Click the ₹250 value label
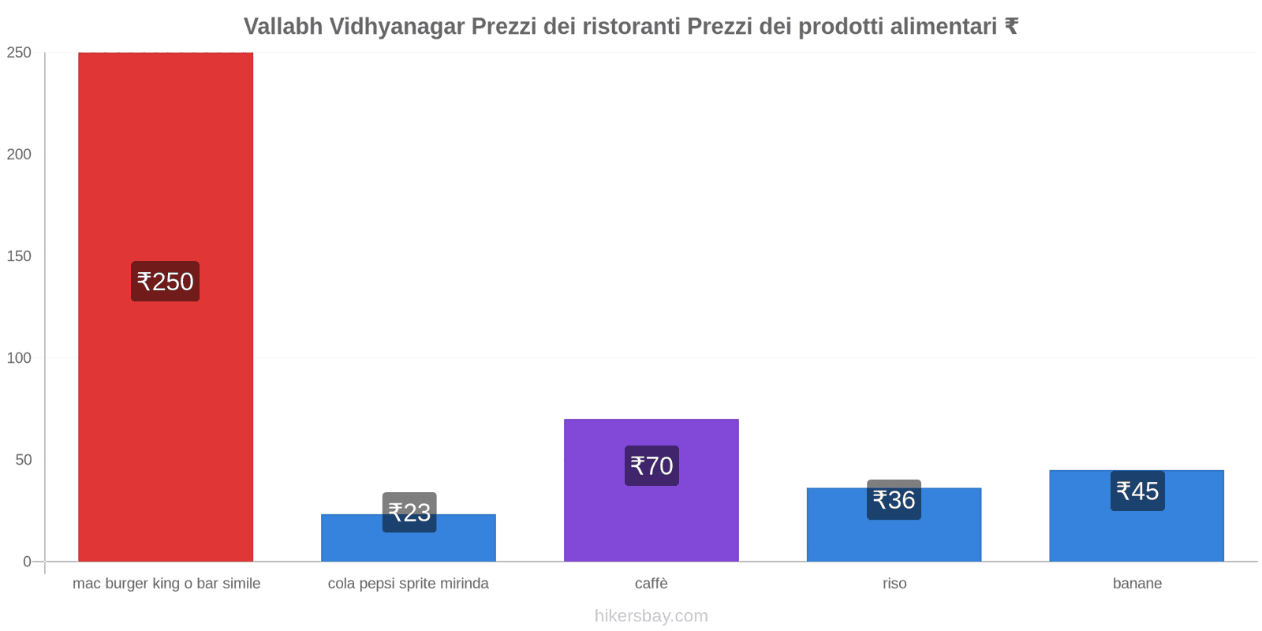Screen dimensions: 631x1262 [165, 282]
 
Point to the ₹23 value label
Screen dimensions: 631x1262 [409, 513]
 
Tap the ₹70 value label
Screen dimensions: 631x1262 [652, 465]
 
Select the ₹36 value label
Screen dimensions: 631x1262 [894, 500]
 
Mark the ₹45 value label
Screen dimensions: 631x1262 [1137, 491]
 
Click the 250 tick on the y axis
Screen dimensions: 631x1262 [19, 53]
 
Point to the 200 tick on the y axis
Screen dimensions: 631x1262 [19, 155]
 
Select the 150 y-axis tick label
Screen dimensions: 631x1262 [19, 256]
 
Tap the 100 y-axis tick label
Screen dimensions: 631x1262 [19, 358]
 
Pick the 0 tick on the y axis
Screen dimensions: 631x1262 [27, 562]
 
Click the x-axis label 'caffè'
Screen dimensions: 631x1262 [652, 584]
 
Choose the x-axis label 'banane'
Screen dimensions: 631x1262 [1137, 584]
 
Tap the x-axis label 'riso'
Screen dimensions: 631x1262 [894, 584]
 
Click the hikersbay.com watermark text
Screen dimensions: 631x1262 [652, 616]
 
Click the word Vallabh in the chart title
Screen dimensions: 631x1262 [283, 27]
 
